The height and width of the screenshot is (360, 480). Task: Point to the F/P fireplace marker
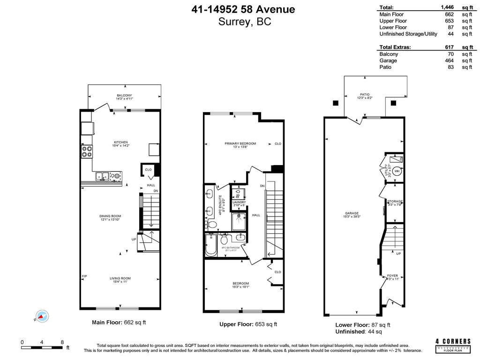click(x=85, y=276)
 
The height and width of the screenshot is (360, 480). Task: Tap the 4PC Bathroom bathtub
click(x=211, y=246)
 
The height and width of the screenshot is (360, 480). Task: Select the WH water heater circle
click(x=397, y=171)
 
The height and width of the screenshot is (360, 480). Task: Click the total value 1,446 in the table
click(x=448, y=7)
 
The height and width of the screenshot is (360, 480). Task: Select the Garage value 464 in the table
click(x=449, y=60)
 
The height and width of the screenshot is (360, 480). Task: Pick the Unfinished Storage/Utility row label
click(x=408, y=34)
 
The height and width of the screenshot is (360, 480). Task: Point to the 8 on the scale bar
click(x=62, y=342)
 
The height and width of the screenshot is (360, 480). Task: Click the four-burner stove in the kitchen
click(x=87, y=151)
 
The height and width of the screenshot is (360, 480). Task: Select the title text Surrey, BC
click(x=244, y=22)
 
